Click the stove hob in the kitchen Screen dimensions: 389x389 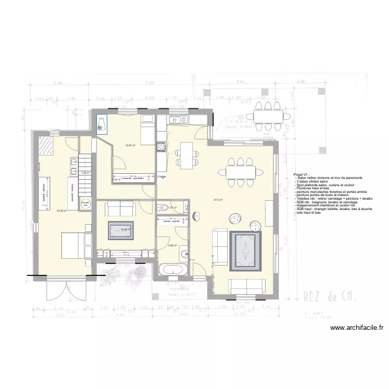pos(161,146)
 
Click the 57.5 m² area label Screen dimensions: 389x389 pos(217,200)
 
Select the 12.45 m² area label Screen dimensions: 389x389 pos(130,145)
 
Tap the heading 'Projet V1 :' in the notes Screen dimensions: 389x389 pos(301,175)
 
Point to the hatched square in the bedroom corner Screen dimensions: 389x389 pos(46,146)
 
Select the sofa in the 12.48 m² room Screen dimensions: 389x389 pos(120,209)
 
